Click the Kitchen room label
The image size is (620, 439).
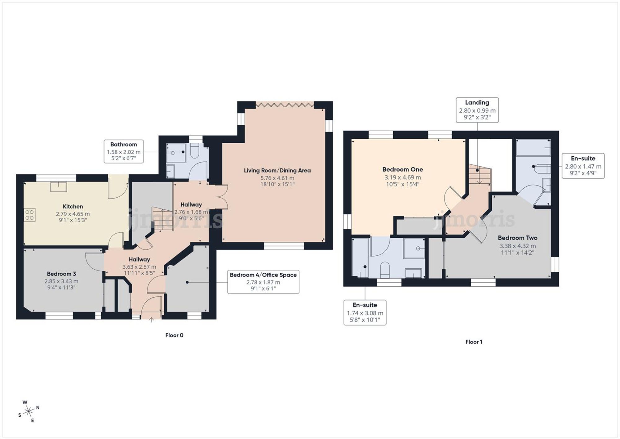pos(73,206)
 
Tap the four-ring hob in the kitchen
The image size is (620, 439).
pos(29,215)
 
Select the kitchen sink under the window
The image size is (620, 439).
pos(59,187)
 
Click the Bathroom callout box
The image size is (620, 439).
pos(123,151)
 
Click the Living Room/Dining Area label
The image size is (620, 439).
pos(277,170)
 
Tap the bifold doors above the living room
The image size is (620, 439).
pos(285,105)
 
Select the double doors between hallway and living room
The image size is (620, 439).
pos(223,197)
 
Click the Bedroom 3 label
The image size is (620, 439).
pos(61,274)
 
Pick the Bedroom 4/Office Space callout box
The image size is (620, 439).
pos(263,282)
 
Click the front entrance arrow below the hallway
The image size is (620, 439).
pos(151,320)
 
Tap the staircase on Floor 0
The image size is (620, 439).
pos(162,219)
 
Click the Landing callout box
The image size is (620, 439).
pos(477,110)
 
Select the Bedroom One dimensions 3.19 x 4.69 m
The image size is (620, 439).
pos(402,177)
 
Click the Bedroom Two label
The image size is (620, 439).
pos(517,238)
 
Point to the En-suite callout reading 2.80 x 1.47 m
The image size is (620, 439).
pos(583,166)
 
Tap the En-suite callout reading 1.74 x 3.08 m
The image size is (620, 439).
pos(365,312)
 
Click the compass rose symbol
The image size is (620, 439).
pos(29,412)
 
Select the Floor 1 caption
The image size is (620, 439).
pos(474,342)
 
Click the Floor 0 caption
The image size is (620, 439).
pos(174,335)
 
